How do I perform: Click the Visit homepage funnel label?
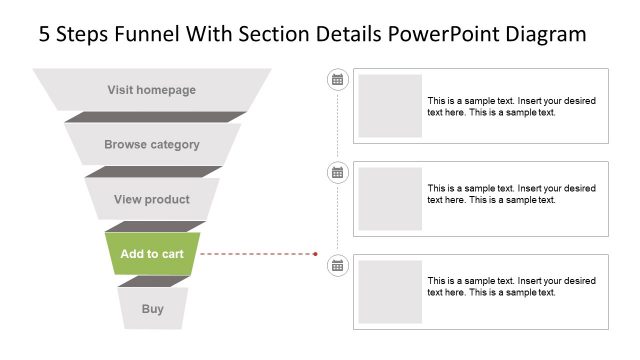[x=152, y=90]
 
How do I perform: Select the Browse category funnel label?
[x=152, y=145]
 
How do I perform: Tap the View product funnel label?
[x=152, y=200]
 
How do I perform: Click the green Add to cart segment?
[x=152, y=254]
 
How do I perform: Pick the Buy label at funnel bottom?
[x=152, y=309]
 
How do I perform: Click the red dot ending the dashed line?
[x=316, y=254]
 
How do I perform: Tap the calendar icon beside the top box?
[x=338, y=79]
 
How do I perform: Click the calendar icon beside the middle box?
[x=338, y=172]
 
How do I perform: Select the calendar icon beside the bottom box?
[x=338, y=265]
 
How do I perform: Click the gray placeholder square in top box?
[x=390, y=105]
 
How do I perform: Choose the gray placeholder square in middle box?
[x=390, y=198]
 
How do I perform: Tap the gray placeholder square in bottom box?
[x=390, y=291]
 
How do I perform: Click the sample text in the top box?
[x=511, y=106]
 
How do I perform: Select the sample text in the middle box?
[x=511, y=193]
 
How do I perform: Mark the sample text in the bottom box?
[x=511, y=286]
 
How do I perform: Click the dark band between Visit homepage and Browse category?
[x=155, y=117]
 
